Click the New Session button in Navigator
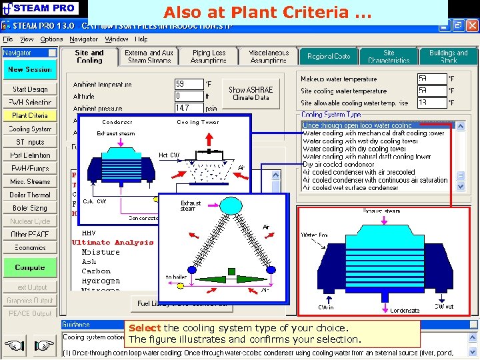click(29, 69)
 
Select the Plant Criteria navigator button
click(29, 115)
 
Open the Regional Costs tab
click(329, 57)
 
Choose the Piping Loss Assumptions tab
click(209, 56)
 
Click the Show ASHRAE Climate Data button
click(251, 93)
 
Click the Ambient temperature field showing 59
click(189, 85)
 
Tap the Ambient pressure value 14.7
click(189, 107)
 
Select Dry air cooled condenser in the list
click(338, 164)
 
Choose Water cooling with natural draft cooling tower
click(366, 157)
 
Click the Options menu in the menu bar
click(51, 39)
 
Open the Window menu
click(117, 39)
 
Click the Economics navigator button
click(29, 247)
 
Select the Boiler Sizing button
click(29, 208)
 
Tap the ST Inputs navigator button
click(29, 142)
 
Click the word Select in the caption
click(144, 328)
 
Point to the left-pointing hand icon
click(13, 345)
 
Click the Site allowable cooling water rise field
click(431, 103)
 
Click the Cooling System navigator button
click(29, 129)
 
